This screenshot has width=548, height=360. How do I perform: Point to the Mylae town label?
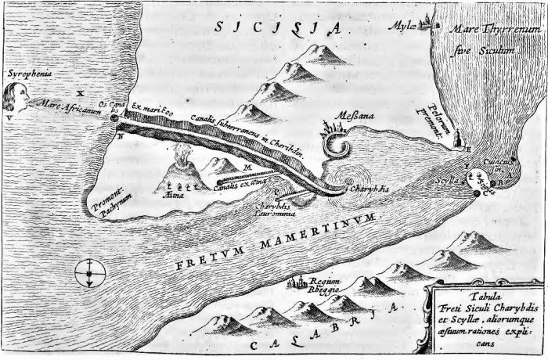(x=402, y=26)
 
